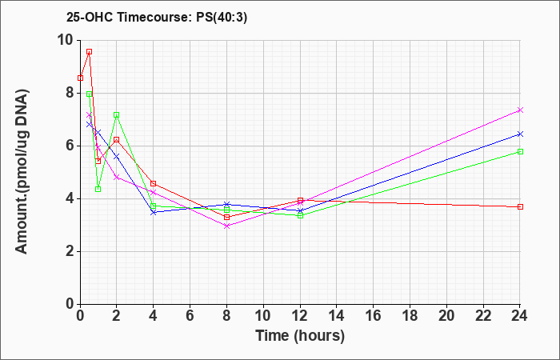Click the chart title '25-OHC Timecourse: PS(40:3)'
[x=157, y=18]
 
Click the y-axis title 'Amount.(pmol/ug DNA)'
[x=22, y=172]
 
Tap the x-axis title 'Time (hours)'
[x=300, y=336]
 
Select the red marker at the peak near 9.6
[x=90, y=52]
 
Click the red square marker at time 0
[x=80, y=78]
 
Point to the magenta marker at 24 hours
[x=520, y=110]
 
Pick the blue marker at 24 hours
[x=520, y=134]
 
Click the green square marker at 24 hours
[x=520, y=152]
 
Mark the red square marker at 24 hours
[x=520, y=206]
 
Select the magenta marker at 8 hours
[x=226, y=226]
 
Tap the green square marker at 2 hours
[x=117, y=115]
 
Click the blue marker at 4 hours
[x=154, y=212]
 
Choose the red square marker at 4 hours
[x=154, y=183]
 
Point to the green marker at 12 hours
[x=300, y=215]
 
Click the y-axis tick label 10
[x=66, y=40]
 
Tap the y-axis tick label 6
[x=70, y=146]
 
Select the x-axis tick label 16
[x=374, y=315]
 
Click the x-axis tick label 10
[x=263, y=315]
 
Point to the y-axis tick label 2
[x=70, y=251]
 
